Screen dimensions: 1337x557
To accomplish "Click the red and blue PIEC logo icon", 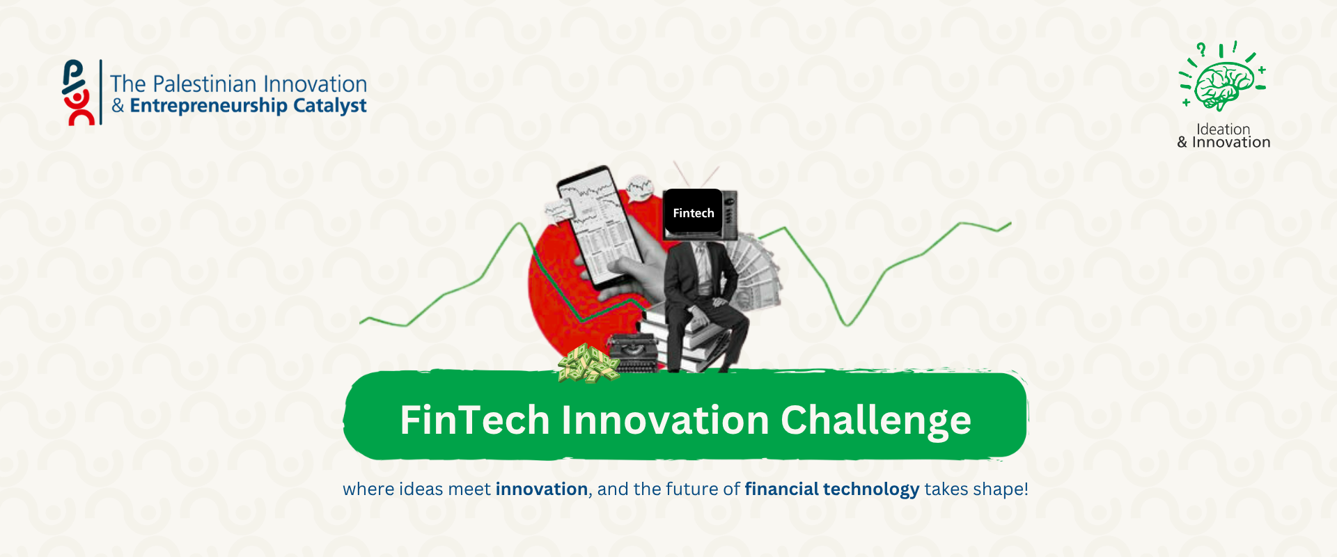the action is [x=78, y=93].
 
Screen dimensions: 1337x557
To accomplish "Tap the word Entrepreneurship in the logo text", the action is [x=209, y=106].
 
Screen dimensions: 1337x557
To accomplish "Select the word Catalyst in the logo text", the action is [x=330, y=106].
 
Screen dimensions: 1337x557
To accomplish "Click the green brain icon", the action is [x=1224, y=85].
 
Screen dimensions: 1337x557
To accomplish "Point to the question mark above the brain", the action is [x=1201, y=49].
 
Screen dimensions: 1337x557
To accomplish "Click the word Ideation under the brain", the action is [x=1223, y=129].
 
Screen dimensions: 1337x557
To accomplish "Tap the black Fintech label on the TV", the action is [x=694, y=212].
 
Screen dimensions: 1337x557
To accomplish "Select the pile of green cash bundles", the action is [x=588, y=363].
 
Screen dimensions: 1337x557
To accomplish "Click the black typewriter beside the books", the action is [x=632, y=352].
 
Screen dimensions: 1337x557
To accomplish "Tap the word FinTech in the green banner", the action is [x=475, y=420].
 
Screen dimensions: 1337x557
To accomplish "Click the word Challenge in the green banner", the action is [x=876, y=421].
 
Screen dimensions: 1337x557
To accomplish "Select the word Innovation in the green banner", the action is [x=665, y=420].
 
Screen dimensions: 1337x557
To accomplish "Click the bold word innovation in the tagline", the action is [x=542, y=489].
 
